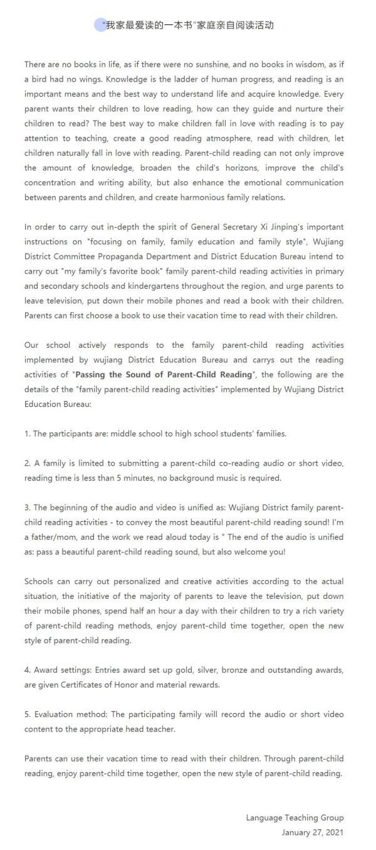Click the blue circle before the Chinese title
pos(100,25)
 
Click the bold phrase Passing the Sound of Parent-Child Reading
pos(164,375)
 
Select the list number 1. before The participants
pos(28,434)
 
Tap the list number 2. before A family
pos(28,463)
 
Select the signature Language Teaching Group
pos(295,818)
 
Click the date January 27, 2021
pos(313,833)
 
